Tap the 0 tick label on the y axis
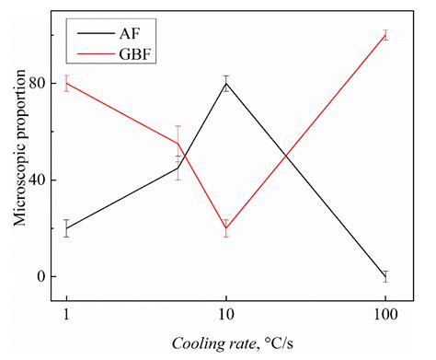40,276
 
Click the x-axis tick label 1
66,316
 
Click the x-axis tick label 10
225,316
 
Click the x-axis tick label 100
385,316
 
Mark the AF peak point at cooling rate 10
225,83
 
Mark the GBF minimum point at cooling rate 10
225,228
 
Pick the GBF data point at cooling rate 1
66,83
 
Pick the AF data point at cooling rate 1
66,228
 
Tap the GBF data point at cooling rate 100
385,35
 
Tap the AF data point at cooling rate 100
385,276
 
